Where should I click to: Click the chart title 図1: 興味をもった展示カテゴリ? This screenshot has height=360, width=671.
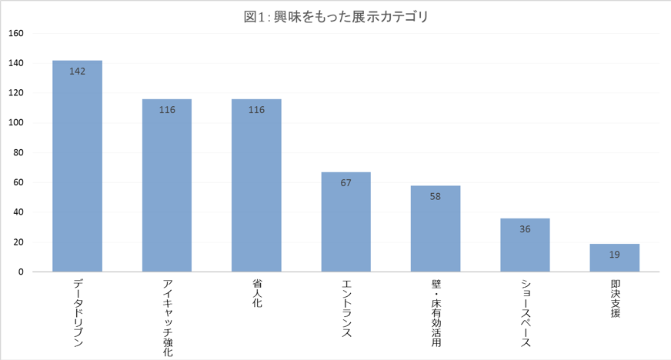(335, 17)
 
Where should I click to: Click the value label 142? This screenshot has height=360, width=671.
(77, 72)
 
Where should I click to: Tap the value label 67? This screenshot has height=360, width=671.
(346, 183)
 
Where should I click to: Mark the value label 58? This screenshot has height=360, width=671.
(436, 197)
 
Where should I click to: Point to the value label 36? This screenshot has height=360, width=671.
(525, 229)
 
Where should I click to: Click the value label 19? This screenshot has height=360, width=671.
(614, 255)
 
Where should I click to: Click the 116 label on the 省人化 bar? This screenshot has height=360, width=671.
(256, 110)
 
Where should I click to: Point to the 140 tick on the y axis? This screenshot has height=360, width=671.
(16, 63)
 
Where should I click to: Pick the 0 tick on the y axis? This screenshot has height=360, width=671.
(21, 272)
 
